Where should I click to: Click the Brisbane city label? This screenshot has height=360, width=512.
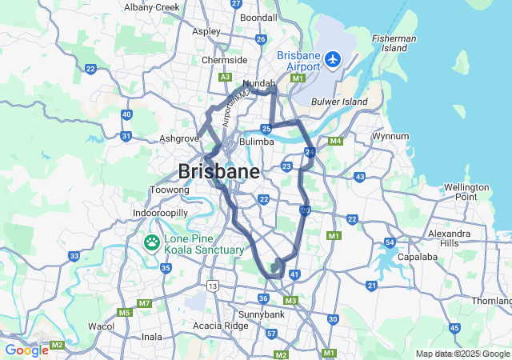click(218, 171)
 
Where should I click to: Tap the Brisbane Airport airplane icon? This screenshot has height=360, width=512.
click(333, 58)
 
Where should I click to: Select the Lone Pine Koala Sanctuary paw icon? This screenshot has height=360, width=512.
click(151, 242)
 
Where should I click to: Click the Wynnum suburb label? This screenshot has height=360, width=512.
click(391, 136)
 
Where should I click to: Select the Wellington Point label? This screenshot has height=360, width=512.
click(466, 192)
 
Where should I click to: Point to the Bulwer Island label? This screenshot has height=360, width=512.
click(339, 102)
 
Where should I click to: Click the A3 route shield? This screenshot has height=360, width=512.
click(225, 76)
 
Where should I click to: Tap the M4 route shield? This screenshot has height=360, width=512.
click(335, 142)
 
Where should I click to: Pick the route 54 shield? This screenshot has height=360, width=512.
click(390, 242)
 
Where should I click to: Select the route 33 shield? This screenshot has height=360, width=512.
click(74, 256)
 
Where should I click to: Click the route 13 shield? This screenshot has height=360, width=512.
click(212, 285)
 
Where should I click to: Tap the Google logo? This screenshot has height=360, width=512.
click(26, 350)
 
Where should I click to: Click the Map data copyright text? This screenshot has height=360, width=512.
click(462, 354)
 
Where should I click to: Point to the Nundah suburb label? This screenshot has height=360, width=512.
click(258, 83)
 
